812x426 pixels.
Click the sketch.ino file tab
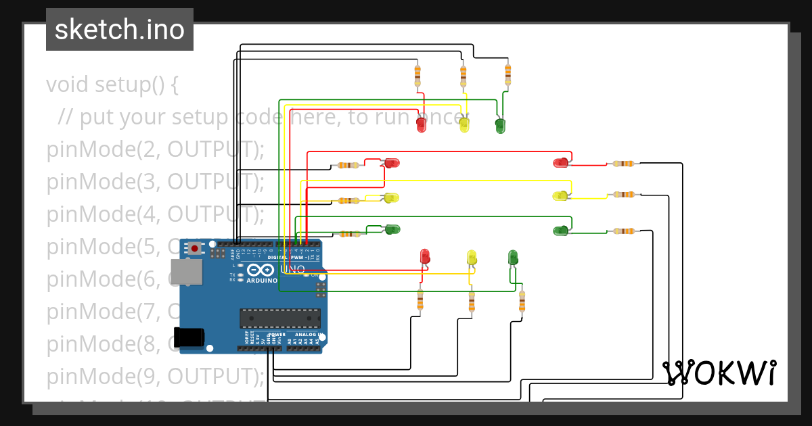pos(120,30)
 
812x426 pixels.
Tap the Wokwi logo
pos(719,373)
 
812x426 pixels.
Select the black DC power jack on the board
pos(189,337)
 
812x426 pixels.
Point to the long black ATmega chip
pos(280,318)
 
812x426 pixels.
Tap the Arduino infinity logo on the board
pos(260,270)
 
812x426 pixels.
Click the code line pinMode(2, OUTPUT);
pos(156,149)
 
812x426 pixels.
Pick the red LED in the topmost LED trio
pos(421,124)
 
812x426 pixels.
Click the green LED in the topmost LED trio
pos(500,125)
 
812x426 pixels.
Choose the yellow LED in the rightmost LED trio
pos(560,196)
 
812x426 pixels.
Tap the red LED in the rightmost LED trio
pos(561,162)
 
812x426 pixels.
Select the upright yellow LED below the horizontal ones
pos(472,257)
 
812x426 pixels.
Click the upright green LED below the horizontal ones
pos(513,257)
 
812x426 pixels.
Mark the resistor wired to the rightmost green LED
pos(623,231)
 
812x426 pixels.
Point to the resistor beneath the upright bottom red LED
pos(420,300)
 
